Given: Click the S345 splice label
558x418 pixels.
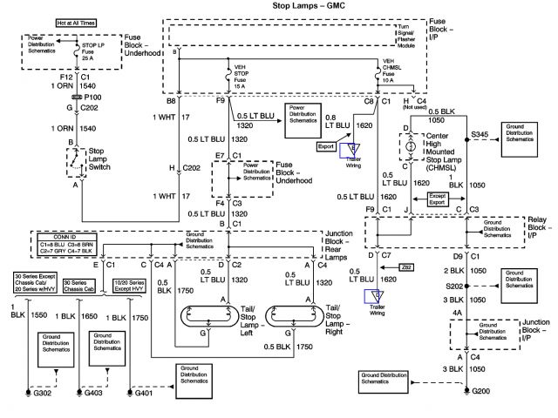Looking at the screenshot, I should pyautogui.click(x=480, y=134).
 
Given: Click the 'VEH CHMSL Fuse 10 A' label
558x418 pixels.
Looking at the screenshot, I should pyautogui.click(x=393, y=73).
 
